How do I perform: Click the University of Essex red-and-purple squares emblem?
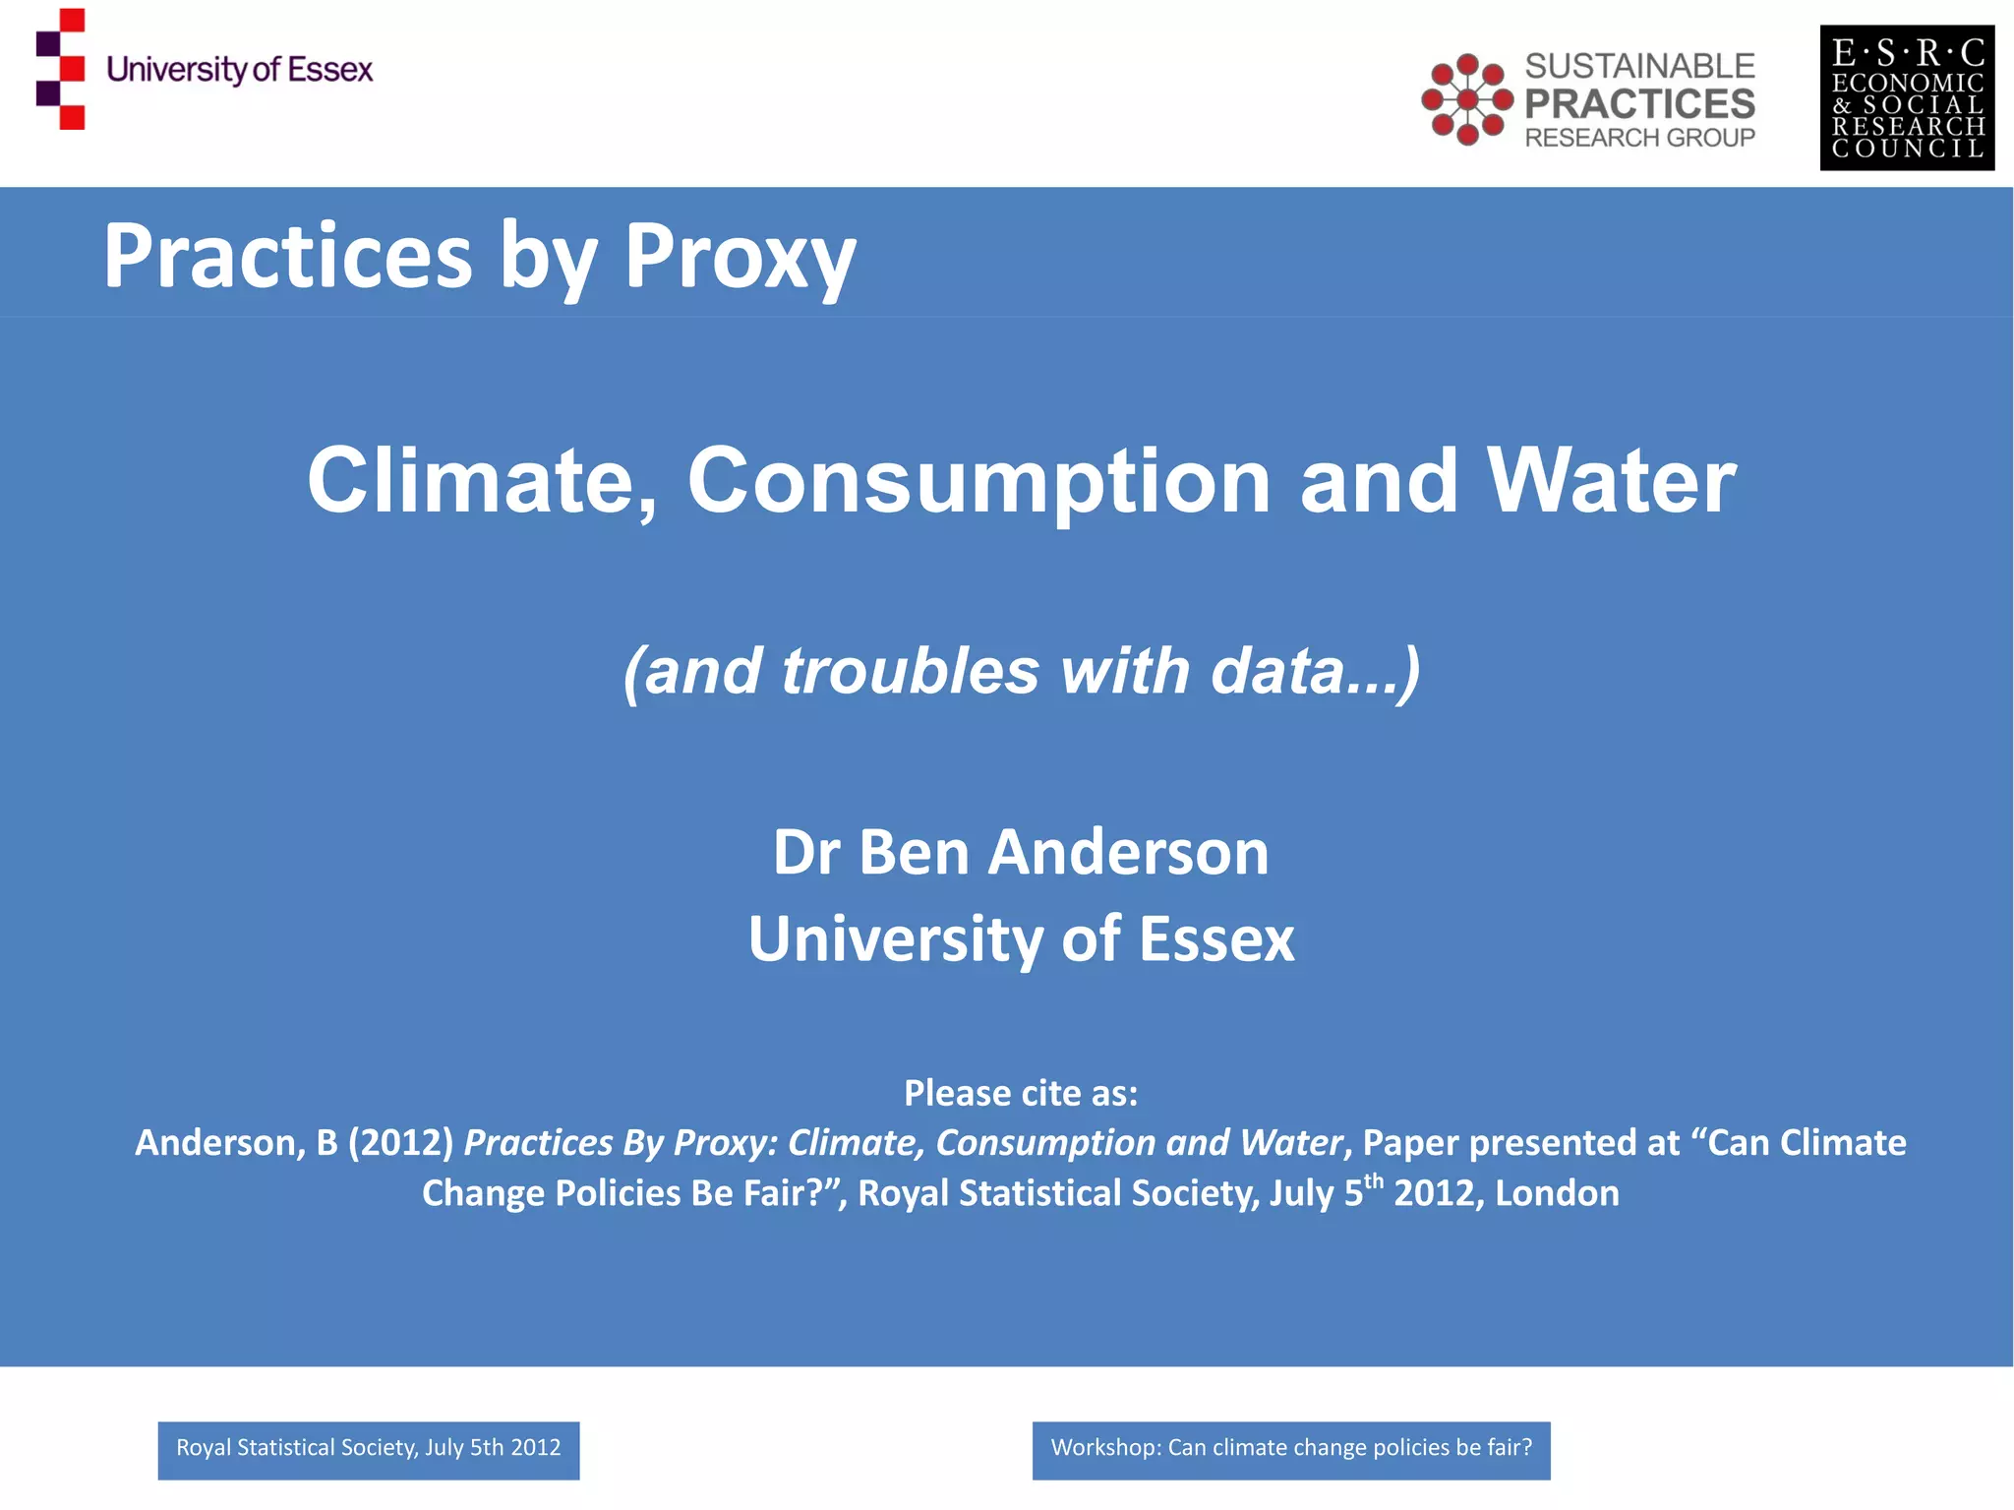(61, 69)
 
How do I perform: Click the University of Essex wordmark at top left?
(240, 70)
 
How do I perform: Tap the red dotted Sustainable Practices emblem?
(1466, 99)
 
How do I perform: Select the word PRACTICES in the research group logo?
(1639, 103)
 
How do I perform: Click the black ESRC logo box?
(1907, 98)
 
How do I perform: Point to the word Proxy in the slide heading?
(740, 257)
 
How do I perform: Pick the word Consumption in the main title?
(978, 481)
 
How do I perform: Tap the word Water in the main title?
(1611, 481)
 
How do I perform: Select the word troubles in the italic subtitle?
(910, 671)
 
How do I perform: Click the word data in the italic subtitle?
(1277, 671)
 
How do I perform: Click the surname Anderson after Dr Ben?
(1128, 852)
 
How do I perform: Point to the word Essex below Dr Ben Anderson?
(1216, 938)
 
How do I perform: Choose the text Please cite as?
(1021, 1093)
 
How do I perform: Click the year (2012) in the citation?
(400, 1143)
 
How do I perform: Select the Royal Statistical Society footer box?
(369, 1450)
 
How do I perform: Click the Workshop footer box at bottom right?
(1291, 1450)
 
